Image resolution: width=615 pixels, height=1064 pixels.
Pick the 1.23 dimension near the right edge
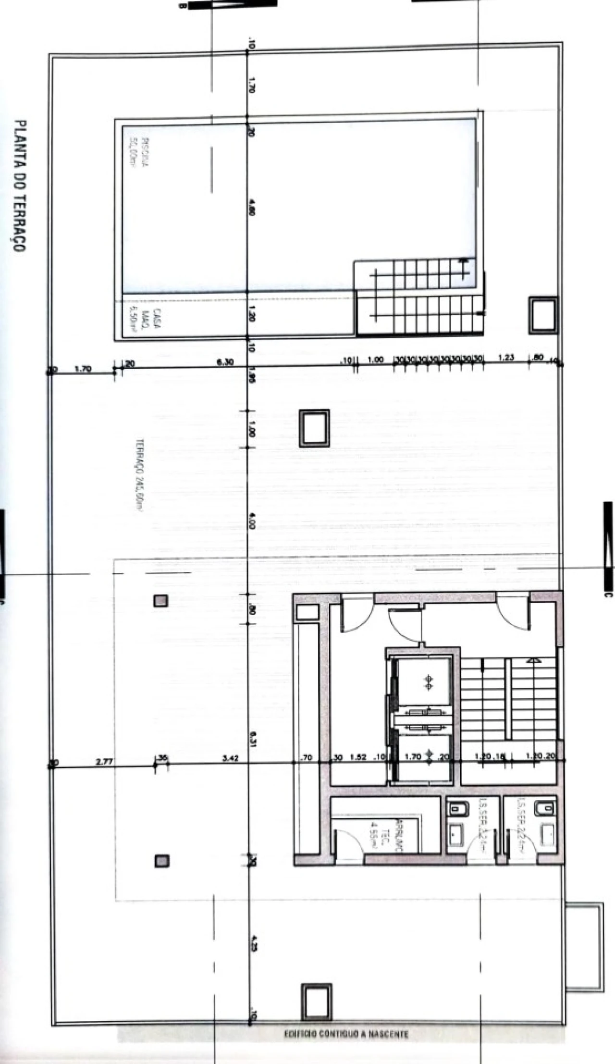click(506, 358)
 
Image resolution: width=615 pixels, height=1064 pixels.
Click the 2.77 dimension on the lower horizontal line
click(104, 762)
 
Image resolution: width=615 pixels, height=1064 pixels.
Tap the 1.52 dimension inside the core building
click(358, 757)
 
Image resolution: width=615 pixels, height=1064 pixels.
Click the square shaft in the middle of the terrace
click(315, 428)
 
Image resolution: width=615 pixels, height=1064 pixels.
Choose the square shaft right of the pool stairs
click(543, 315)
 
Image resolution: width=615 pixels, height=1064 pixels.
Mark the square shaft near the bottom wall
click(316, 1002)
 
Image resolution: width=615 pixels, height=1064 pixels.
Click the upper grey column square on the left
click(160, 601)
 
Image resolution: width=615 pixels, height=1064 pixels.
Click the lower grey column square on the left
click(162, 861)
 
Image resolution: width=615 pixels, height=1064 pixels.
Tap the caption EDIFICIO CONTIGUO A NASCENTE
click(346, 1034)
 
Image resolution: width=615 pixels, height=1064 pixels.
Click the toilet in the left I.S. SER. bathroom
click(455, 809)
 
